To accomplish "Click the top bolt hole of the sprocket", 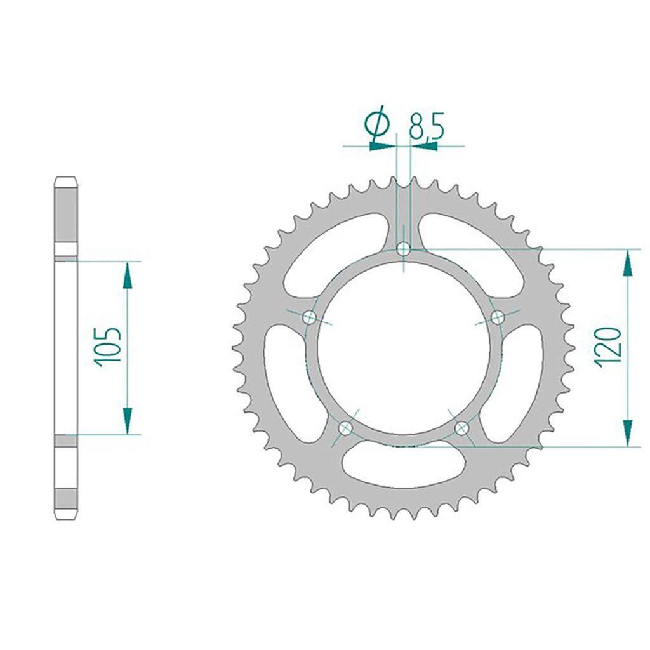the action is (x=403, y=249).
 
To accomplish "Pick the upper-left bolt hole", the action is (x=310, y=318).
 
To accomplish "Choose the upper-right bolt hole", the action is (x=498, y=318).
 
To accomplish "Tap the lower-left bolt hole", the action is (x=345, y=428).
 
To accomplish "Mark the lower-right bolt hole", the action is (x=461, y=427).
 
